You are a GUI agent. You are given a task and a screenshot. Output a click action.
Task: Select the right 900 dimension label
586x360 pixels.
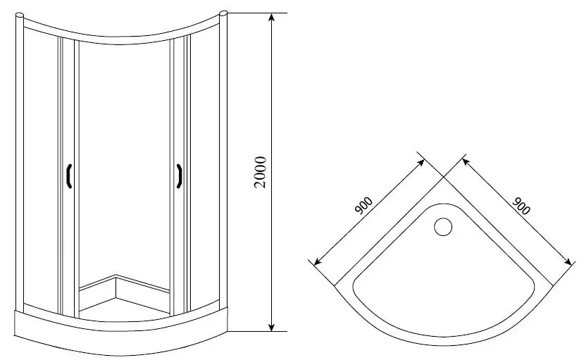[522, 206]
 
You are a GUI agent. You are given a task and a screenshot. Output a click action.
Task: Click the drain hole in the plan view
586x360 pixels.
[444, 227]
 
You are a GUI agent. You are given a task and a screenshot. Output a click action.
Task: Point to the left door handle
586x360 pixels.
[69, 176]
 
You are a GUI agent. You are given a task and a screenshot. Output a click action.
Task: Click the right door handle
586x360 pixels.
[180, 176]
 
